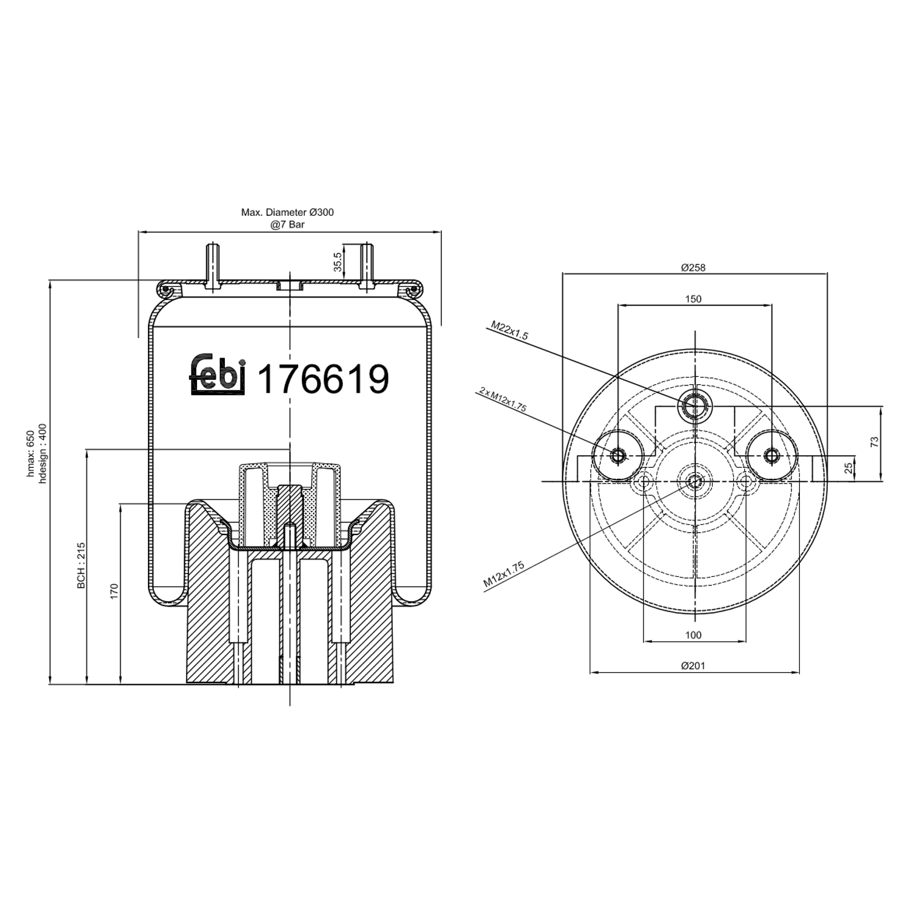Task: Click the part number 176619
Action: click(x=323, y=379)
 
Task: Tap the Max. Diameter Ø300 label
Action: click(x=287, y=213)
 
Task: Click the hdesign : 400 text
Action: click(x=42, y=453)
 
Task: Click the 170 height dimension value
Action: click(x=114, y=591)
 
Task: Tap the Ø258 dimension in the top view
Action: click(x=693, y=267)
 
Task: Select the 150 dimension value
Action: click(x=693, y=299)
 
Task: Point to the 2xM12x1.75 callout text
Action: click(x=502, y=399)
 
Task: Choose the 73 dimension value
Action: click(x=874, y=442)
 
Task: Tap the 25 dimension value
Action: click(x=849, y=467)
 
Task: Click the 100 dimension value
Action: click(x=693, y=635)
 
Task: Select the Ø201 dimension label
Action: click(x=693, y=665)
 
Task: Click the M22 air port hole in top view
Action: click(x=694, y=405)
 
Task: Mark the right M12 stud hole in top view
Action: click(x=771, y=456)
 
